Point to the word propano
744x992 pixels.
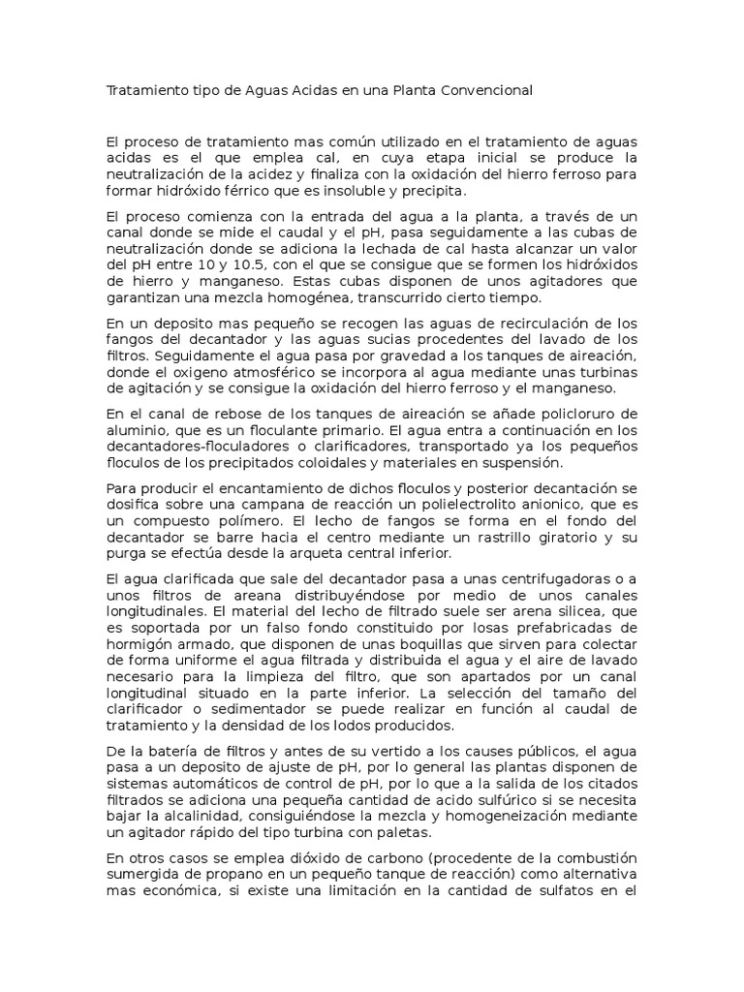pos(230,874)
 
